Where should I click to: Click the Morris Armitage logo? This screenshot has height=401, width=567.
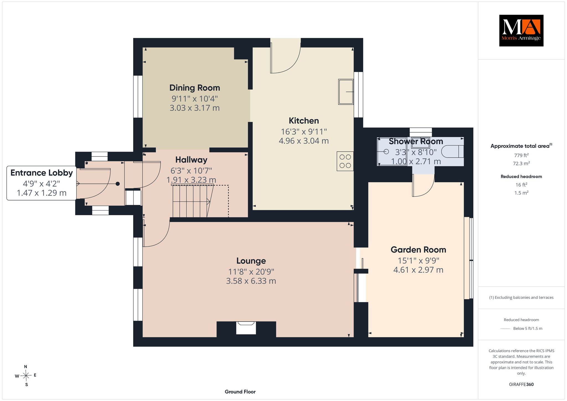(x=521, y=30)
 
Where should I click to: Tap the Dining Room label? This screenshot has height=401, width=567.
(x=195, y=88)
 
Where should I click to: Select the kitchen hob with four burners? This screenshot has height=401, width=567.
(x=345, y=161)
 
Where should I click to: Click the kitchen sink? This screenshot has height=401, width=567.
(x=346, y=92)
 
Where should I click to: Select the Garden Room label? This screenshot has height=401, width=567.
(x=418, y=250)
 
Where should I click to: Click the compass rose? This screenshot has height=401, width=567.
(x=26, y=376)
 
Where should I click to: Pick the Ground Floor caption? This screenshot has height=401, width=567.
(x=240, y=392)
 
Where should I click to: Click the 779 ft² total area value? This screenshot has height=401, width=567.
(x=521, y=155)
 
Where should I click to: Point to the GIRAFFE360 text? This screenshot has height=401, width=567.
(x=521, y=384)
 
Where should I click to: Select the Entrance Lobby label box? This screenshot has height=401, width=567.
(x=42, y=183)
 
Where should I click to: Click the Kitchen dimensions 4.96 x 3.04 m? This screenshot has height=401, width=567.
(x=304, y=141)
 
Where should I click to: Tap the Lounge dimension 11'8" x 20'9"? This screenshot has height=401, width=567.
(x=251, y=271)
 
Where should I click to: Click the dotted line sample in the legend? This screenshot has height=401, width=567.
(x=505, y=329)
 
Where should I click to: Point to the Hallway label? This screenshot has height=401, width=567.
(x=191, y=160)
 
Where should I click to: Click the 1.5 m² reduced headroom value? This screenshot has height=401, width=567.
(x=521, y=193)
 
